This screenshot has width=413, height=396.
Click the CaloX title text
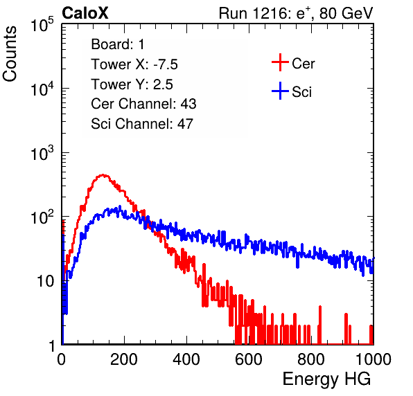point(85,13)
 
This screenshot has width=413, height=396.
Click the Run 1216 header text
point(296,13)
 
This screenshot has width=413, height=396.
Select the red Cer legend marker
point(280,62)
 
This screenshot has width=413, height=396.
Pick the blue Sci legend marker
point(280,91)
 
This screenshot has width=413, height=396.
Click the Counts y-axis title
point(10,54)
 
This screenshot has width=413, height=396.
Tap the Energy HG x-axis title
point(326,379)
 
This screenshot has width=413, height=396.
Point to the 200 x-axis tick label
point(124,359)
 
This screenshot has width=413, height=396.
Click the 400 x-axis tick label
point(186,359)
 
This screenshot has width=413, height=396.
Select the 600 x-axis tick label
point(249,359)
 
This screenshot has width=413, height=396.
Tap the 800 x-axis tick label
point(311,359)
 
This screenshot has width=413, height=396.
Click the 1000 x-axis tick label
point(374,359)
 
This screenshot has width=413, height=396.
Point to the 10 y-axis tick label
point(45,281)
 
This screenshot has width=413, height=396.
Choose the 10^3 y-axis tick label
point(42,152)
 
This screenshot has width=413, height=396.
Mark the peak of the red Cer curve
point(103,174)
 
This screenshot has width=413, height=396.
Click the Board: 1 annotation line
point(118,44)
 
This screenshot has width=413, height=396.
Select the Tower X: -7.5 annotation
point(134,64)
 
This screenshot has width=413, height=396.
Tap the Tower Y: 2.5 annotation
point(132,84)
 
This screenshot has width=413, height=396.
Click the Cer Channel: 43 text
point(143,104)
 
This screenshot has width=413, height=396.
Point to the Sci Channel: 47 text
point(142,124)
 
